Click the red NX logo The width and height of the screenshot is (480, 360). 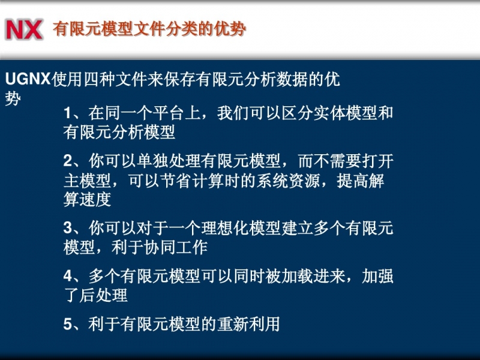24,29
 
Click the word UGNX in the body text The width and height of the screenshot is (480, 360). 28,79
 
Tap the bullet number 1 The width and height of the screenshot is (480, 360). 67,113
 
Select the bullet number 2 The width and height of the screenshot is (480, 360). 68,161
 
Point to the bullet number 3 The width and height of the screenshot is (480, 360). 68,228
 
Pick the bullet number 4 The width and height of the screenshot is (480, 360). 68,276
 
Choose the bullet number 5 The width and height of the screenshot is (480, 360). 68,324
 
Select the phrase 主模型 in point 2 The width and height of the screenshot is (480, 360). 88,181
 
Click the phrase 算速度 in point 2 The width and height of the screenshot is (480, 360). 88,200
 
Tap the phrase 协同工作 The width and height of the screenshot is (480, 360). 176,247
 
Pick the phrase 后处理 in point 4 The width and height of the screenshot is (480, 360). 103,295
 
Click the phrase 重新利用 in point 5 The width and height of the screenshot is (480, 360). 248,324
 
